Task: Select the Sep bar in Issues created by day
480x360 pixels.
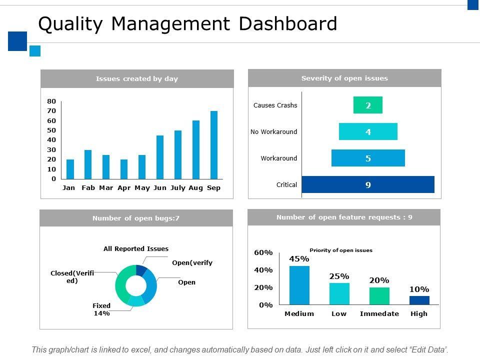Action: (214, 145)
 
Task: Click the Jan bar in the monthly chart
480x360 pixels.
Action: (70, 169)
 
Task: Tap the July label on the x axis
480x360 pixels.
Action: (177, 188)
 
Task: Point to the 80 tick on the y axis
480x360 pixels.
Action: (51, 101)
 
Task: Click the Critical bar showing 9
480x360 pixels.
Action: (368, 184)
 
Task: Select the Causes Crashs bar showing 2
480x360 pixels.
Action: (368, 105)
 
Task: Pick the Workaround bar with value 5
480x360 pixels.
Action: (368, 158)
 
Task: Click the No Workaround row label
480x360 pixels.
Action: (274, 132)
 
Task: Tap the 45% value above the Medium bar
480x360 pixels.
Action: (299, 259)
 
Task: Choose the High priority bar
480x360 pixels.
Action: (419, 300)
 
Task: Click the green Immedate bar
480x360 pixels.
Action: (379, 295)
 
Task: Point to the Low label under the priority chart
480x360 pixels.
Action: (339, 314)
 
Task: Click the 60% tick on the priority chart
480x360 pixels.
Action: (263, 253)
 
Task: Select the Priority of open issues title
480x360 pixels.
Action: (341, 250)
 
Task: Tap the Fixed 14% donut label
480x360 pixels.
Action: (101, 309)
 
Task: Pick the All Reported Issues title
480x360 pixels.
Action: (136, 249)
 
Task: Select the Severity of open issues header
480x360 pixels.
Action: (344, 78)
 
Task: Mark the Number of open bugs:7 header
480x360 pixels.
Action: (136, 218)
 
